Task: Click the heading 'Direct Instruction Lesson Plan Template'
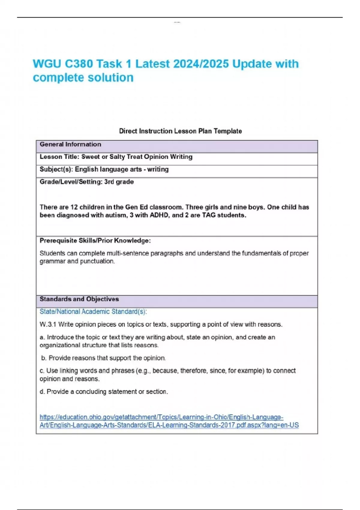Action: (180, 131)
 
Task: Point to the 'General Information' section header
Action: (70, 144)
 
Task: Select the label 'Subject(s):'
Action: (56, 169)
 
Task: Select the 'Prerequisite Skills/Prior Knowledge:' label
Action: (95, 241)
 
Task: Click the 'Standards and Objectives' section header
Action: (79, 299)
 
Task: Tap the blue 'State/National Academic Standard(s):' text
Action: (93, 312)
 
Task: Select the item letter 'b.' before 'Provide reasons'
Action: (44, 358)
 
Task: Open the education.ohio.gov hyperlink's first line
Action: (161, 417)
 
